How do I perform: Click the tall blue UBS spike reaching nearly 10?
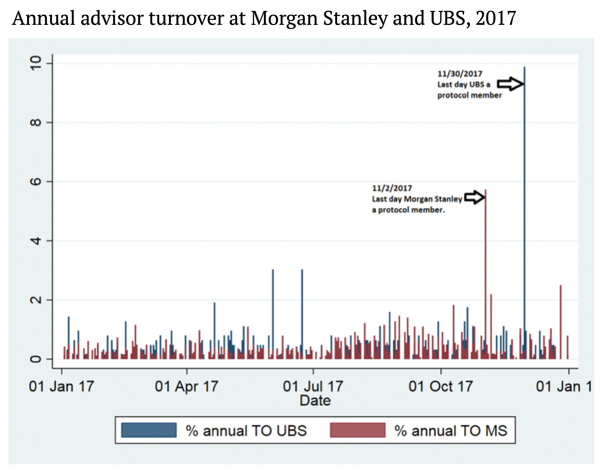coord(524,194)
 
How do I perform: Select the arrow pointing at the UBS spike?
coord(510,83)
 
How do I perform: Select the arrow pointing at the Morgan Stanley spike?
coord(474,197)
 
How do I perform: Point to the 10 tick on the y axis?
coord(36,63)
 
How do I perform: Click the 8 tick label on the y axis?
coord(36,122)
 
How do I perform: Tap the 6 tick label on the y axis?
coord(36,182)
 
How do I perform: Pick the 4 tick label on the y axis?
coord(36,241)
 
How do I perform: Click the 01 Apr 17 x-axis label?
coord(186,386)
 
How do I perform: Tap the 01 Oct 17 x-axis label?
coord(440,386)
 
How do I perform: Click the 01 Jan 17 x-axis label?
coord(61,386)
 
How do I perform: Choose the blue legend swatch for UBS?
coord(149,430)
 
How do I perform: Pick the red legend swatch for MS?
coord(357,430)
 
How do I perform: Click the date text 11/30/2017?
coord(460,74)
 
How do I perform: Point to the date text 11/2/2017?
coord(392,188)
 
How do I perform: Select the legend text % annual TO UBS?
coord(246,431)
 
